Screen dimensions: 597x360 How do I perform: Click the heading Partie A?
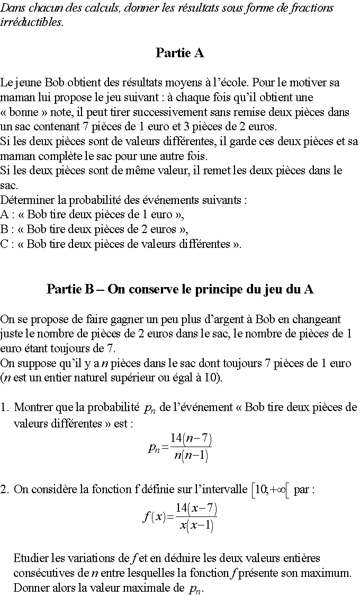[x=180, y=53]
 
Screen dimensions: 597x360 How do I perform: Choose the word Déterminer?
[x=27, y=200]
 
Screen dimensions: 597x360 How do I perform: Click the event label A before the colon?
[x=5, y=215]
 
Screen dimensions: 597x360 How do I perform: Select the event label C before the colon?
[x=5, y=244]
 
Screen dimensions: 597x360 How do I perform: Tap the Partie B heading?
[x=180, y=289]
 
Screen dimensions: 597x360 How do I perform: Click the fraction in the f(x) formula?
[x=196, y=517]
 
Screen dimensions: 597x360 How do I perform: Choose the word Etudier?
[x=31, y=558]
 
